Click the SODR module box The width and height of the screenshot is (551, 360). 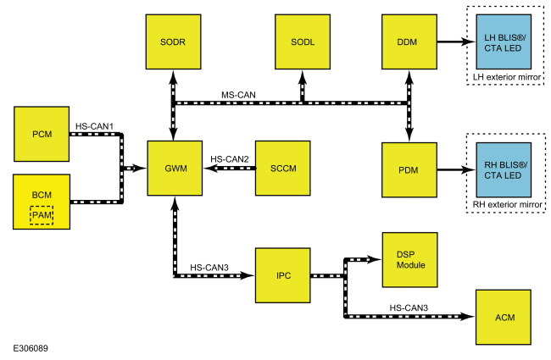173,42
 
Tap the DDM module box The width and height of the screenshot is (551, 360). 409,42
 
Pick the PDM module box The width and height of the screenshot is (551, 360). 409,169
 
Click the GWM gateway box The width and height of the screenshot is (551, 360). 173,169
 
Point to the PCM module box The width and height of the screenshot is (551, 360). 42,133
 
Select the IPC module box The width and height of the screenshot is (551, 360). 282,276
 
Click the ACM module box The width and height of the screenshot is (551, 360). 505,316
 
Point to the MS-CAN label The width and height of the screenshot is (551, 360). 239,94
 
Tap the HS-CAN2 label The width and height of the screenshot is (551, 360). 229,158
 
